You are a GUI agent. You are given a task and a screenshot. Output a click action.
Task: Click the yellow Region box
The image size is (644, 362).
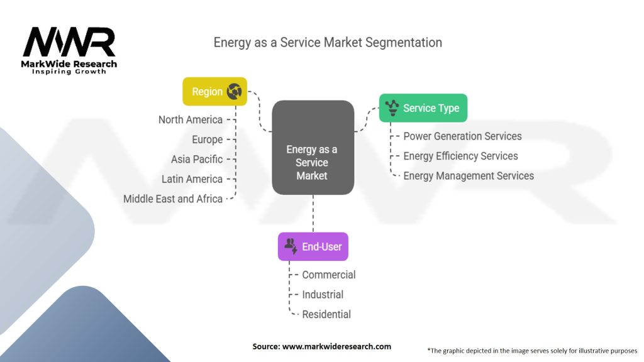(214, 92)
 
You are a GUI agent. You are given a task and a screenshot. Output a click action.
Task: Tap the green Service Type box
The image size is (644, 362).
(423, 108)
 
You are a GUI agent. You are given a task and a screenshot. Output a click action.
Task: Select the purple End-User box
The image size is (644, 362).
(313, 247)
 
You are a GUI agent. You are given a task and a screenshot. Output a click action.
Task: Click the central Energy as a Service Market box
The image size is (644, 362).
(313, 147)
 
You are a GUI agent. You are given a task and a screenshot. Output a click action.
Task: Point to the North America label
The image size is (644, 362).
(190, 119)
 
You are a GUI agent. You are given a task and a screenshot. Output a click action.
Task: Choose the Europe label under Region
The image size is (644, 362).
(207, 140)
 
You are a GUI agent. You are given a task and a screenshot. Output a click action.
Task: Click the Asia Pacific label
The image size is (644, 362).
(196, 159)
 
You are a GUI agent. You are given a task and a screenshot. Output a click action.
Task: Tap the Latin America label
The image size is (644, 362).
(192, 179)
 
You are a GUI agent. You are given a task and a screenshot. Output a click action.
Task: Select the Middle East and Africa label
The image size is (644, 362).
(173, 199)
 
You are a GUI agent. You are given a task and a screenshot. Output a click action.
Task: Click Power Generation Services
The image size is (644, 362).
(462, 136)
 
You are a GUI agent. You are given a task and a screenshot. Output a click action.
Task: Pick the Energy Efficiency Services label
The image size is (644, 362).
(460, 156)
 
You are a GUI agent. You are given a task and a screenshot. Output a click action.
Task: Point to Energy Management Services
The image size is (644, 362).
(468, 176)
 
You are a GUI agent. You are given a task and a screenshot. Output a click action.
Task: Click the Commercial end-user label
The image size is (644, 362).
(328, 275)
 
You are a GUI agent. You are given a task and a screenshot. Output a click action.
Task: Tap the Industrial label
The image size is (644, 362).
(323, 294)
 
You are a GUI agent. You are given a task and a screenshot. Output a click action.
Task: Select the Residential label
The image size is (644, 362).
(326, 314)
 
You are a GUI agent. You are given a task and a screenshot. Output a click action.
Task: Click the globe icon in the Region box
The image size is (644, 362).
(235, 92)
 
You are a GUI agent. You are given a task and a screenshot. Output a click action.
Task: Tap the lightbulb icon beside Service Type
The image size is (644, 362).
(393, 108)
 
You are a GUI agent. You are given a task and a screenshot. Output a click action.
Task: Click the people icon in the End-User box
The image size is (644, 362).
(291, 246)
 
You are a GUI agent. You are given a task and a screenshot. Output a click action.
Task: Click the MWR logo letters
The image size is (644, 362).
(69, 42)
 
